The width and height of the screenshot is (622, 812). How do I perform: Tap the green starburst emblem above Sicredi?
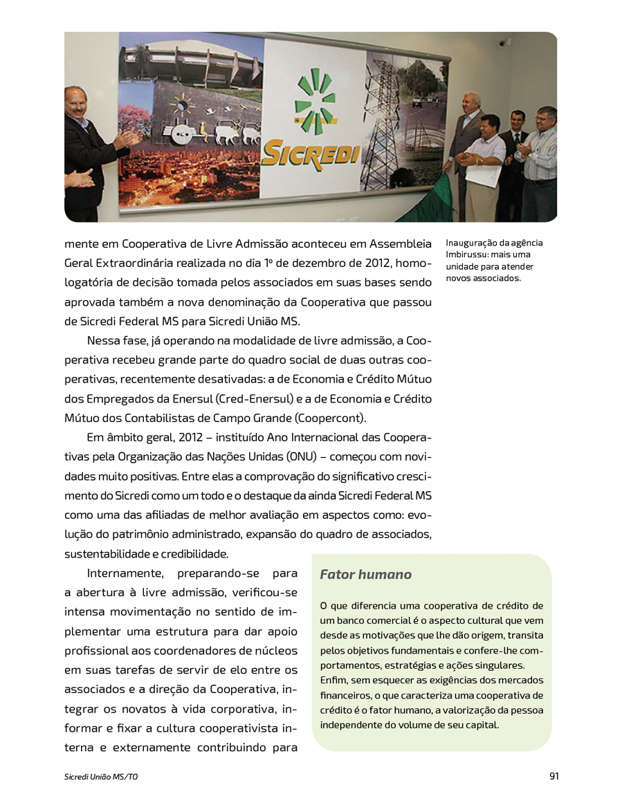(x=315, y=102)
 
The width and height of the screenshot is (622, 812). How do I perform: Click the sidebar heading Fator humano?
(x=365, y=575)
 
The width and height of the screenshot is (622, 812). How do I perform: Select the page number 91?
(x=554, y=776)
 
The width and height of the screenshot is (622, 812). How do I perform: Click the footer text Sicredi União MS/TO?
(x=101, y=777)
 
